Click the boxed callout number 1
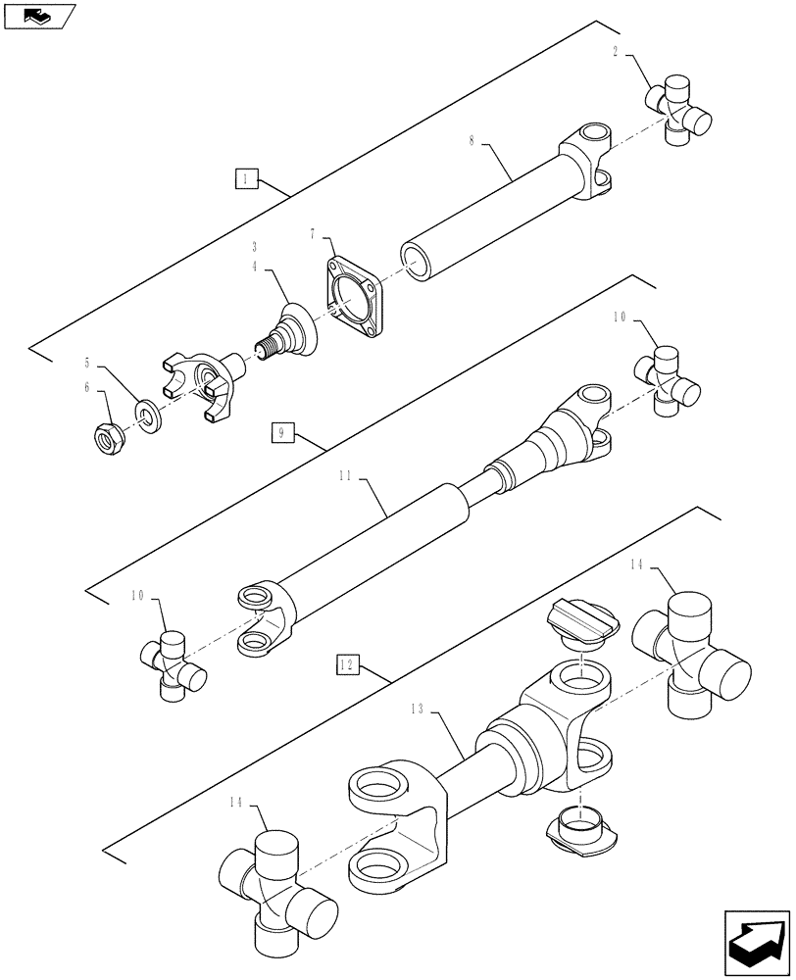point(246,178)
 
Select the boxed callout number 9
point(281,433)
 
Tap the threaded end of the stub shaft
point(264,346)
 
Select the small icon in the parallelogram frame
point(37,15)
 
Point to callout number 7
point(313,235)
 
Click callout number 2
point(616,51)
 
